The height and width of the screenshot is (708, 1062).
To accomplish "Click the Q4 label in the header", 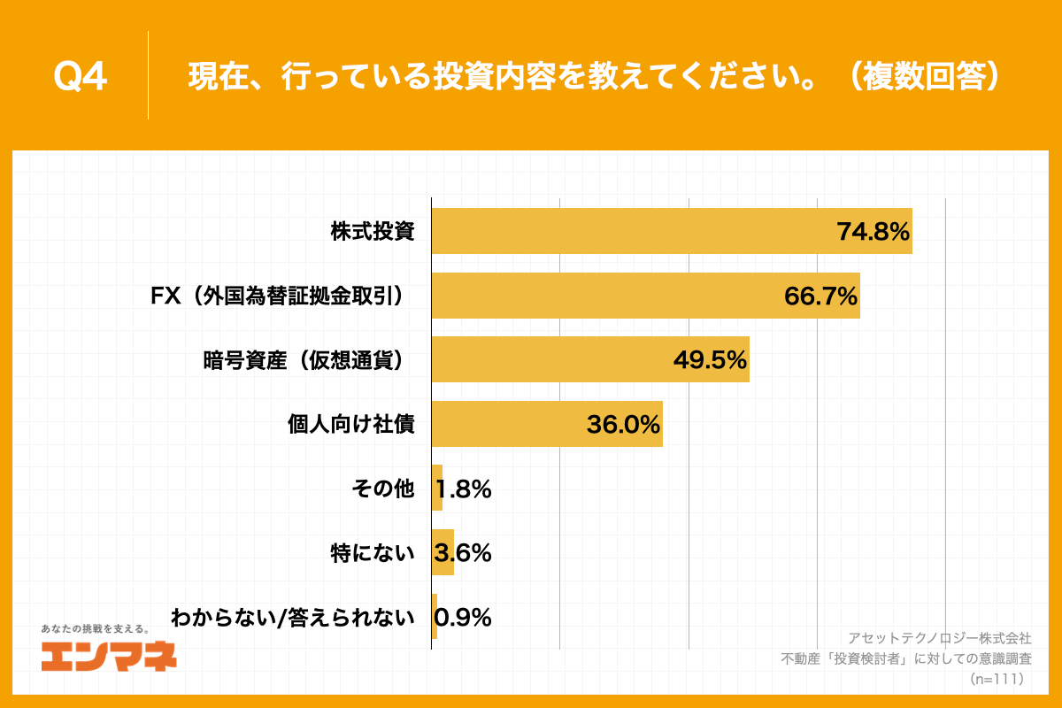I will coord(81,77).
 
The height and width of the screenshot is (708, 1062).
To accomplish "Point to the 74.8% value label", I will coord(873,232).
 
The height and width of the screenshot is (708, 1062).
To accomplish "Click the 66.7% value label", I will coord(820,296).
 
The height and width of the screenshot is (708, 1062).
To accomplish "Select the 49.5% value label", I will coord(710,360).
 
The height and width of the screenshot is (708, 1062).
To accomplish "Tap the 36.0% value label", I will coord(623,425).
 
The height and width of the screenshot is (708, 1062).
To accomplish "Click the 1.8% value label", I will coord(463,489).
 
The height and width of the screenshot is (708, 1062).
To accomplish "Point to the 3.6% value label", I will coord(463,553).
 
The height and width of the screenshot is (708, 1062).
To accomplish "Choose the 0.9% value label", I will coord(463,618).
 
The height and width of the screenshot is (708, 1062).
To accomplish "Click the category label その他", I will coord(382,489).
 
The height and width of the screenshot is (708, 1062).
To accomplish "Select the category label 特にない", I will coord(372,553).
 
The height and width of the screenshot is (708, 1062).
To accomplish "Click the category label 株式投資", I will coord(373,232).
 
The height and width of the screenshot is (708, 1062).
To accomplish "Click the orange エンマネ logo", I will coord(108,655).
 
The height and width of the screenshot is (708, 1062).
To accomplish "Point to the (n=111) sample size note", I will coord(996,679).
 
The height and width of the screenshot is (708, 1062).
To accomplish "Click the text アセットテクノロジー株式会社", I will coord(939,637).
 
